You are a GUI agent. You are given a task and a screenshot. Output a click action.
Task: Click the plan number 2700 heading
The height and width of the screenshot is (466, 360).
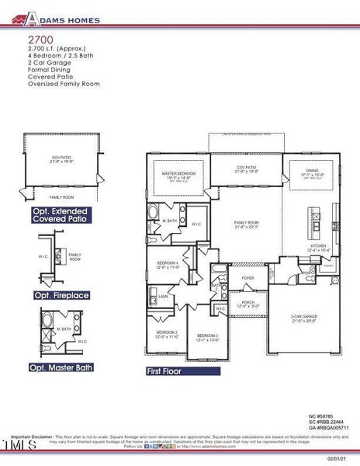[38, 37]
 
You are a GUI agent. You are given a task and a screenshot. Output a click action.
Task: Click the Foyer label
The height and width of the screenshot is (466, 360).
[247, 277]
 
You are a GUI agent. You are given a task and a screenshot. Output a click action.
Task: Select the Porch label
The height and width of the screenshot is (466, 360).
[247, 303]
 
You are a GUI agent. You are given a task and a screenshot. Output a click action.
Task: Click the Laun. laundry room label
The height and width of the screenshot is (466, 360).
[164, 296]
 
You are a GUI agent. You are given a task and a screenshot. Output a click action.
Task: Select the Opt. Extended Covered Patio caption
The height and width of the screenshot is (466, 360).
[60, 214]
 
